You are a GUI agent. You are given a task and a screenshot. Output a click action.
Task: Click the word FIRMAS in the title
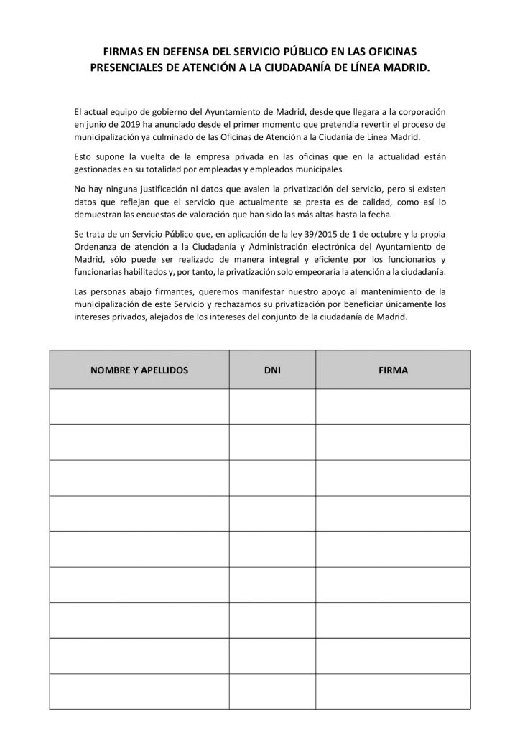(x=122, y=52)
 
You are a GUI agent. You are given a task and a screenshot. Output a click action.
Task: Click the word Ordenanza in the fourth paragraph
(x=96, y=246)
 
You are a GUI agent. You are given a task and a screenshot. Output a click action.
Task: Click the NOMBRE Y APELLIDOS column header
(x=139, y=370)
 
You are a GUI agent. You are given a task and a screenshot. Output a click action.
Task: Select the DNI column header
(x=271, y=370)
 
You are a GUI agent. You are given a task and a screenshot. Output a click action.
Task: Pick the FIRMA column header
(x=392, y=370)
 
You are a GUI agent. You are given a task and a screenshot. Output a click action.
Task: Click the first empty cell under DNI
(x=271, y=406)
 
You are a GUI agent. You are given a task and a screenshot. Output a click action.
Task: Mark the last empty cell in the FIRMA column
(x=392, y=691)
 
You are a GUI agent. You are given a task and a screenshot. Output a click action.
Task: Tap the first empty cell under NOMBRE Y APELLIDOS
(x=139, y=406)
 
